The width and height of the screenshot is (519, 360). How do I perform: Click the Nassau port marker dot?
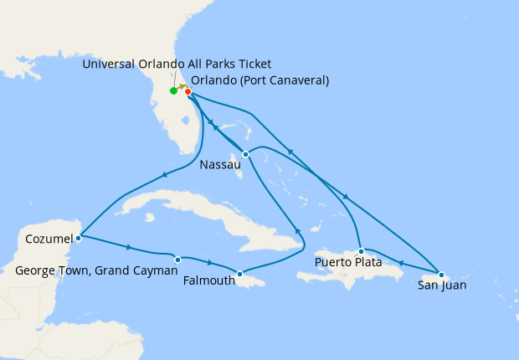tap(245, 154)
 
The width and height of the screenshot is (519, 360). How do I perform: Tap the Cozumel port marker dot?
tap(78, 237)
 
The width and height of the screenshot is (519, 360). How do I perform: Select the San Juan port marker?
tap(441, 275)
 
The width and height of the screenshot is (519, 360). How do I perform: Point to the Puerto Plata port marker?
tap(361, 251)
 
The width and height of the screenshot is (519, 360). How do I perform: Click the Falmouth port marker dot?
tap(239, 274)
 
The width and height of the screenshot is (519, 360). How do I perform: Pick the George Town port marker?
tap(177, 260)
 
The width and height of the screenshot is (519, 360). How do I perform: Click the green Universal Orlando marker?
tap(173, 90)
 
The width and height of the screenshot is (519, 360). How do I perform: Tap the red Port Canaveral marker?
tap(188, 91)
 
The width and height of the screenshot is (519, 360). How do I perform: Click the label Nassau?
tap(221, 165)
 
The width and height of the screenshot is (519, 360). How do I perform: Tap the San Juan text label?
tap(442, 285)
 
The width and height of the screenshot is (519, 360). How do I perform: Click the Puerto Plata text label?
tap(348, 263)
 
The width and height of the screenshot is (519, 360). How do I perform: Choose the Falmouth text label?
tap(208, 280)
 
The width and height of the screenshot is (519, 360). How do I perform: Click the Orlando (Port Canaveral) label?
tap(259, 80)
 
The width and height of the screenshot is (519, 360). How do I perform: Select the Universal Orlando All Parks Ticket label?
tap(177, 64)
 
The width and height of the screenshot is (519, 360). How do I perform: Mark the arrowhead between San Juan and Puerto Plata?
tap(401, 263)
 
